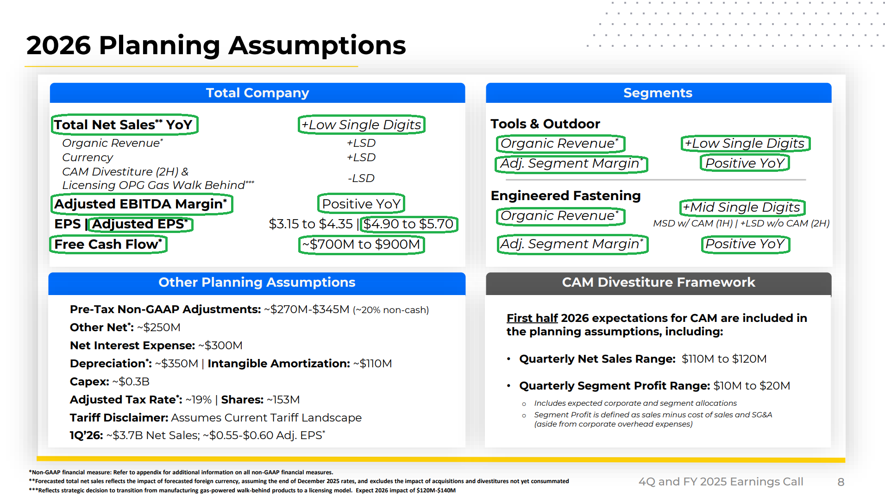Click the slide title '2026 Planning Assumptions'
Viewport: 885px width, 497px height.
point(216,45)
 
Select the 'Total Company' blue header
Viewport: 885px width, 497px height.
point(257,93)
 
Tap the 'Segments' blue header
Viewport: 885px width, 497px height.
point(658,93)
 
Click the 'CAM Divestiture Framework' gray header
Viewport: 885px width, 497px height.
point(659,283)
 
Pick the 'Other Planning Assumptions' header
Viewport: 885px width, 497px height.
point(257,283)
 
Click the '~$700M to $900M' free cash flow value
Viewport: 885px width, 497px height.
point(361,244)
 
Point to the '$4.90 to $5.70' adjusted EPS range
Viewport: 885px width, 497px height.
point(408,224)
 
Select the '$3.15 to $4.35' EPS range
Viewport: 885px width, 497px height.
point(311,224)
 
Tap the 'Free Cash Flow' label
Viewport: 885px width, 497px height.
point(108,244)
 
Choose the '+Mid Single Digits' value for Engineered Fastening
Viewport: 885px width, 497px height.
point(742,208)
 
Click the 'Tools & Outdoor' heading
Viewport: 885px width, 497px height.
point(545,124)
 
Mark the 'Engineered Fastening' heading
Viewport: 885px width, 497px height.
point(565,196)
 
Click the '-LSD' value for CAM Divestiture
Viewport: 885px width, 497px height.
point(361,178)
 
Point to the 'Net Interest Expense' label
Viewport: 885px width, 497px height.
point(132,346)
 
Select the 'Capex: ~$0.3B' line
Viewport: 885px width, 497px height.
point(110,382)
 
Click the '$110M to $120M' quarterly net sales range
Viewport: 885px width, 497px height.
point(724,359)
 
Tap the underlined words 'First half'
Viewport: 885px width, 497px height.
point(532,318)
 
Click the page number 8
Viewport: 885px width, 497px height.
point(841,482)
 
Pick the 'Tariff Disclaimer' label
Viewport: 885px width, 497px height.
point(119,418)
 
